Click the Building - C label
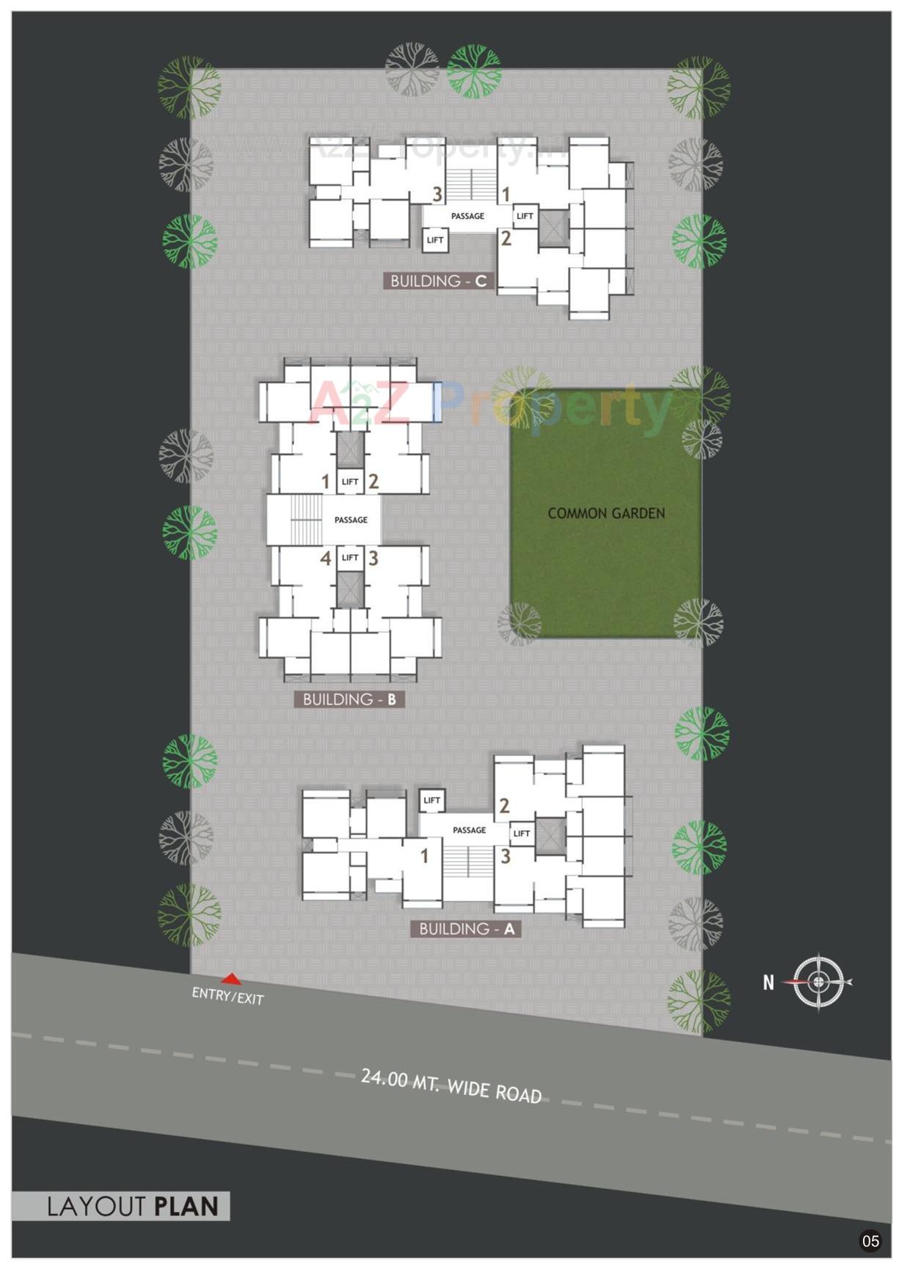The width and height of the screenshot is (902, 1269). tap(438, 281)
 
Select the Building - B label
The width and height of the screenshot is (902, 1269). tap(349, 699)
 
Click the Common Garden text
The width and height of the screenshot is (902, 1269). tap(606, 514)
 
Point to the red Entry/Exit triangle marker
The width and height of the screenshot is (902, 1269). tap(231, 979)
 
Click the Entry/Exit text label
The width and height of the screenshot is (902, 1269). tap(228, 996)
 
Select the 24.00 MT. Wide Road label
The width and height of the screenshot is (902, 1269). tap(451, 1086)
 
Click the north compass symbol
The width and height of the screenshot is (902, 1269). tap(819, 981)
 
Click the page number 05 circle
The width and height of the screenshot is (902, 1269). tap(870, 1241)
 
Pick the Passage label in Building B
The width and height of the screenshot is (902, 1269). tap(351, 520)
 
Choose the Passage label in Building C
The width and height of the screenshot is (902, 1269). tap(468, 217)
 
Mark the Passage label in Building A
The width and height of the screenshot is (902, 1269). tap(469, 830)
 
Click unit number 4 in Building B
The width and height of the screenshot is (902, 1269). tap(326, 559)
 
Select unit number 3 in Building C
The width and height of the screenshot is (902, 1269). tap(437, 194)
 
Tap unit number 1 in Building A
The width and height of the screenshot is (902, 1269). tap(424, 856)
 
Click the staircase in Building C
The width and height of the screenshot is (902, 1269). tap(470, 186)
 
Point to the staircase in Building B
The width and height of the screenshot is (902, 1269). tap(306, 520)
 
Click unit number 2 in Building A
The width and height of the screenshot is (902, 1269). tap(504, 806)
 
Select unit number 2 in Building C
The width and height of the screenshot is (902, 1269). tap(506, 239)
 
